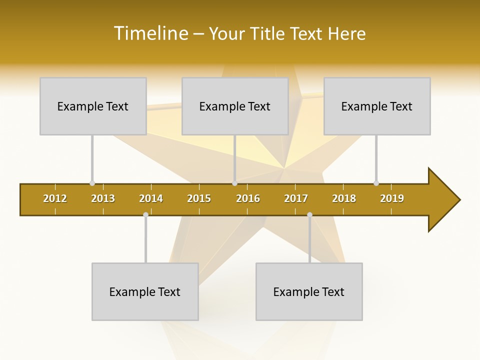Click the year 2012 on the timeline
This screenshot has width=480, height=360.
pos(55,198)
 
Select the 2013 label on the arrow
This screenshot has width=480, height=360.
pos(103,198)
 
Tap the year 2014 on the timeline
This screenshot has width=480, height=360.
pos(151,198)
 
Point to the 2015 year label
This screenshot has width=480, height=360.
pos(199,198)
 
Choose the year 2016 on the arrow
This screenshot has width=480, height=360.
pos(248,198)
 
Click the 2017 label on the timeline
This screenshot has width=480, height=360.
pos(296,198)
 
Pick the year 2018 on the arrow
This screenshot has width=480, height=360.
pos(344,198)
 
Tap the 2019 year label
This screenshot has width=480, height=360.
pos(392,198)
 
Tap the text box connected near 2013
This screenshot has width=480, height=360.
pos(93,106)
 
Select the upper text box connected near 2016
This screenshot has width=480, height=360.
pos(235,106)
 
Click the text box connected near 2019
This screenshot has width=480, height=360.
pos(377,106)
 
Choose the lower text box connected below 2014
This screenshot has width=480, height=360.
pos(145,291)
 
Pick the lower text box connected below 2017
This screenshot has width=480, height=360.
pos(309,291)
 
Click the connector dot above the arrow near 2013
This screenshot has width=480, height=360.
pos(92,183)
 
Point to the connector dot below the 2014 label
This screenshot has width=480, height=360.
pos(145,215)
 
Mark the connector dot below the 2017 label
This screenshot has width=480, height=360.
pos(309,215)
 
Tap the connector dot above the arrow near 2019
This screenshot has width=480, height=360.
pos(376,183)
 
